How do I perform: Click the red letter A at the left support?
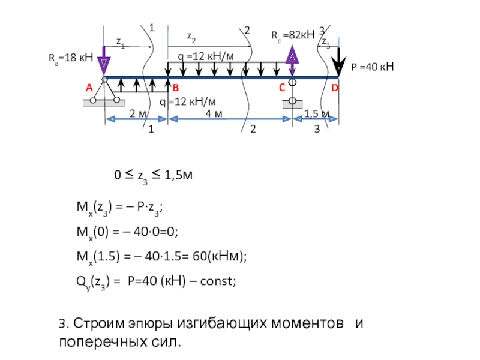pos(88,88)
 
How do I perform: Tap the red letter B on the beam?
pos(176,88)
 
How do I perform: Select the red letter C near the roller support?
pos(281,88)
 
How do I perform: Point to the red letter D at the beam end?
pos(335,88)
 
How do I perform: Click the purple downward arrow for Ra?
pos(104,62)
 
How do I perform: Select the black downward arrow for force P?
pos(340,60)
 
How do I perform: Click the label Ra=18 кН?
pos(70,59)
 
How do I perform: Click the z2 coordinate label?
pos(190,37)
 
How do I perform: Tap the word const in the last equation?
pos(219,279)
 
